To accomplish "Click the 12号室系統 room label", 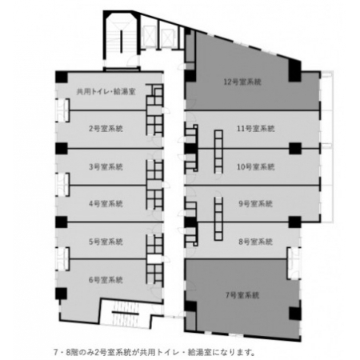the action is tap(242, 82).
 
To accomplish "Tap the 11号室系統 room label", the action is tap(256, 129).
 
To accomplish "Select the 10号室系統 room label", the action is tap(256, 167).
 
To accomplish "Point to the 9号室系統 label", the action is tap(255, 204).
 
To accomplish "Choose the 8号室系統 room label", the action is tap(255, 242).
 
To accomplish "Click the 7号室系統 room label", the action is tap(242, 295).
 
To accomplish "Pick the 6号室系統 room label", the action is tap(106, 280).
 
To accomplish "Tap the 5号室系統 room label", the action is tap(106, 242).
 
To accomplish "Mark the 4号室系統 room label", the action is tap(106, 204).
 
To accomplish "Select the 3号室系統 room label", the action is tap(106, 167).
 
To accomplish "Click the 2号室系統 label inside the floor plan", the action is tap(106, 129).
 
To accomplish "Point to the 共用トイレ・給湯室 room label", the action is tap(106, 92).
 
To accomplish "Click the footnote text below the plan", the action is tap(154, 353).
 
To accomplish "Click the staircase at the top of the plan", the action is tap(122, 40).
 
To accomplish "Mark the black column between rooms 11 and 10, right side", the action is tap(295, 148).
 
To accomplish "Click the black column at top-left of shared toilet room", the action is tap(62, 77).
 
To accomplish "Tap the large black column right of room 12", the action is tap(295, 70).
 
